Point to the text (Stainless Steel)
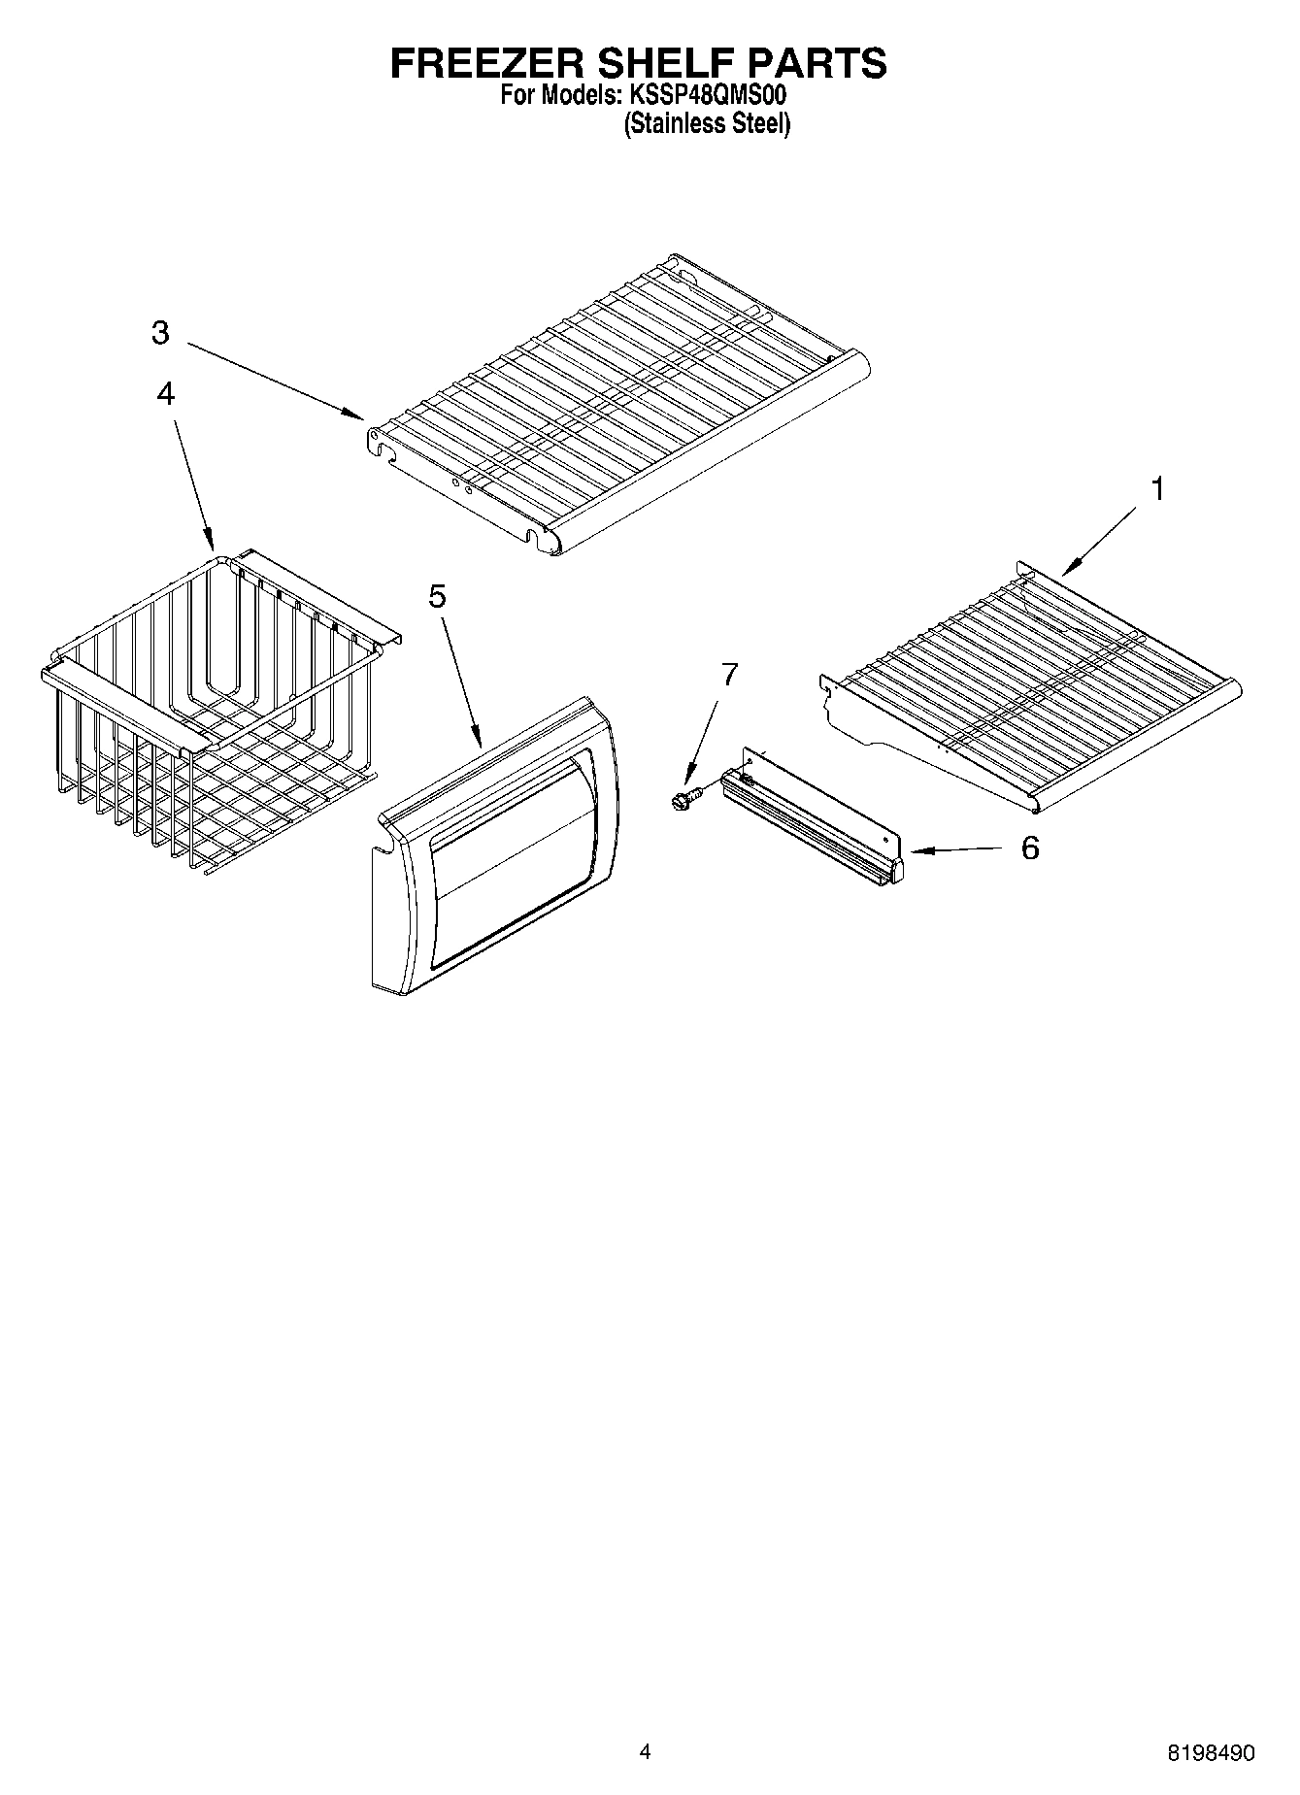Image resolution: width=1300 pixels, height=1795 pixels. [707, 124]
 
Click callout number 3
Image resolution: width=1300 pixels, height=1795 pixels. [160, 333]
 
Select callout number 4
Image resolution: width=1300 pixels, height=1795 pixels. [166, 393]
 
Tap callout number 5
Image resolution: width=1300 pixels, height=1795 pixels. [438, 596]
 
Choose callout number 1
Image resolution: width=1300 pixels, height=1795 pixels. [1156, 489]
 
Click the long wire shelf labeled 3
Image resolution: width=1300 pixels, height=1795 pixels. [621, 408]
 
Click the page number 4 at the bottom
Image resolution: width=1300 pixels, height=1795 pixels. [646, 1752]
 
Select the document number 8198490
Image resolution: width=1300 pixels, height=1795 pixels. [1211, 1753]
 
